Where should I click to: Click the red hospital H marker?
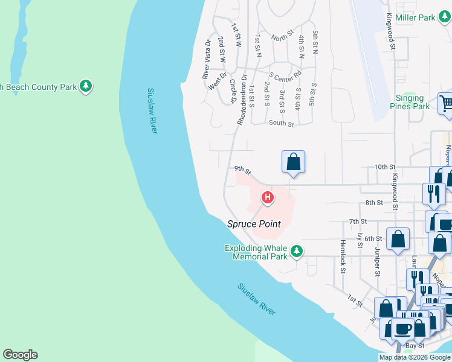(x=267, y=197)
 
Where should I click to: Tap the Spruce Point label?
(x=254, y=224)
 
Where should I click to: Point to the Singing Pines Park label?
(x=413, y=102)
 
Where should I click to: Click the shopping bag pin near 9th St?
(x=293, y=162)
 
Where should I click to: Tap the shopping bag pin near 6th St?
(x=398, y=239)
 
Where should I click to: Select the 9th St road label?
(x=242, y=171)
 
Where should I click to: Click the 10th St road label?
(x=384, y=167)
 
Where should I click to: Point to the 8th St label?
(x=375, y=203)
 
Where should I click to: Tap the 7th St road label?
(x=358, y=221)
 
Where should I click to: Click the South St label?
(x=281, y=124)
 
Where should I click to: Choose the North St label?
(x=282, y=38)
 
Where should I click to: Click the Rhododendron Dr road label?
(x=242, y=100)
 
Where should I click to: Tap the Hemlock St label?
(x=342, y=257)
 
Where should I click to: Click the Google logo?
(x=20, y=355)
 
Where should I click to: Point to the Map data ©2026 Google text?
(x=415, y=357)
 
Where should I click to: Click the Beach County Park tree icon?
(x=86, y=86)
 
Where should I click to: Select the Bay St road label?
(x=415, y=346)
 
